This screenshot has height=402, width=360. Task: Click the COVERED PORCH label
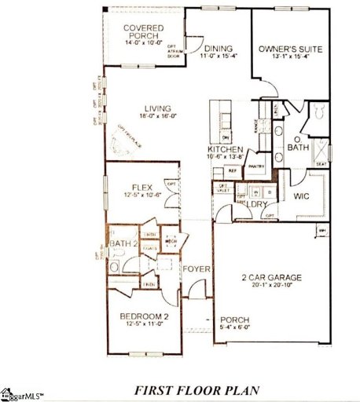[x=144, y=32]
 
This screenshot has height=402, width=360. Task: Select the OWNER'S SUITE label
[x=291, y=48]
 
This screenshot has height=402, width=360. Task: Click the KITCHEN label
[x=225, y=148]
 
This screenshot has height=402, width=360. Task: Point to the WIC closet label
[x=304, y=198]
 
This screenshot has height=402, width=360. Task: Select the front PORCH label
[x=234, y=309]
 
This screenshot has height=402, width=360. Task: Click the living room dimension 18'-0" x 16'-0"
[x=158, y=117]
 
